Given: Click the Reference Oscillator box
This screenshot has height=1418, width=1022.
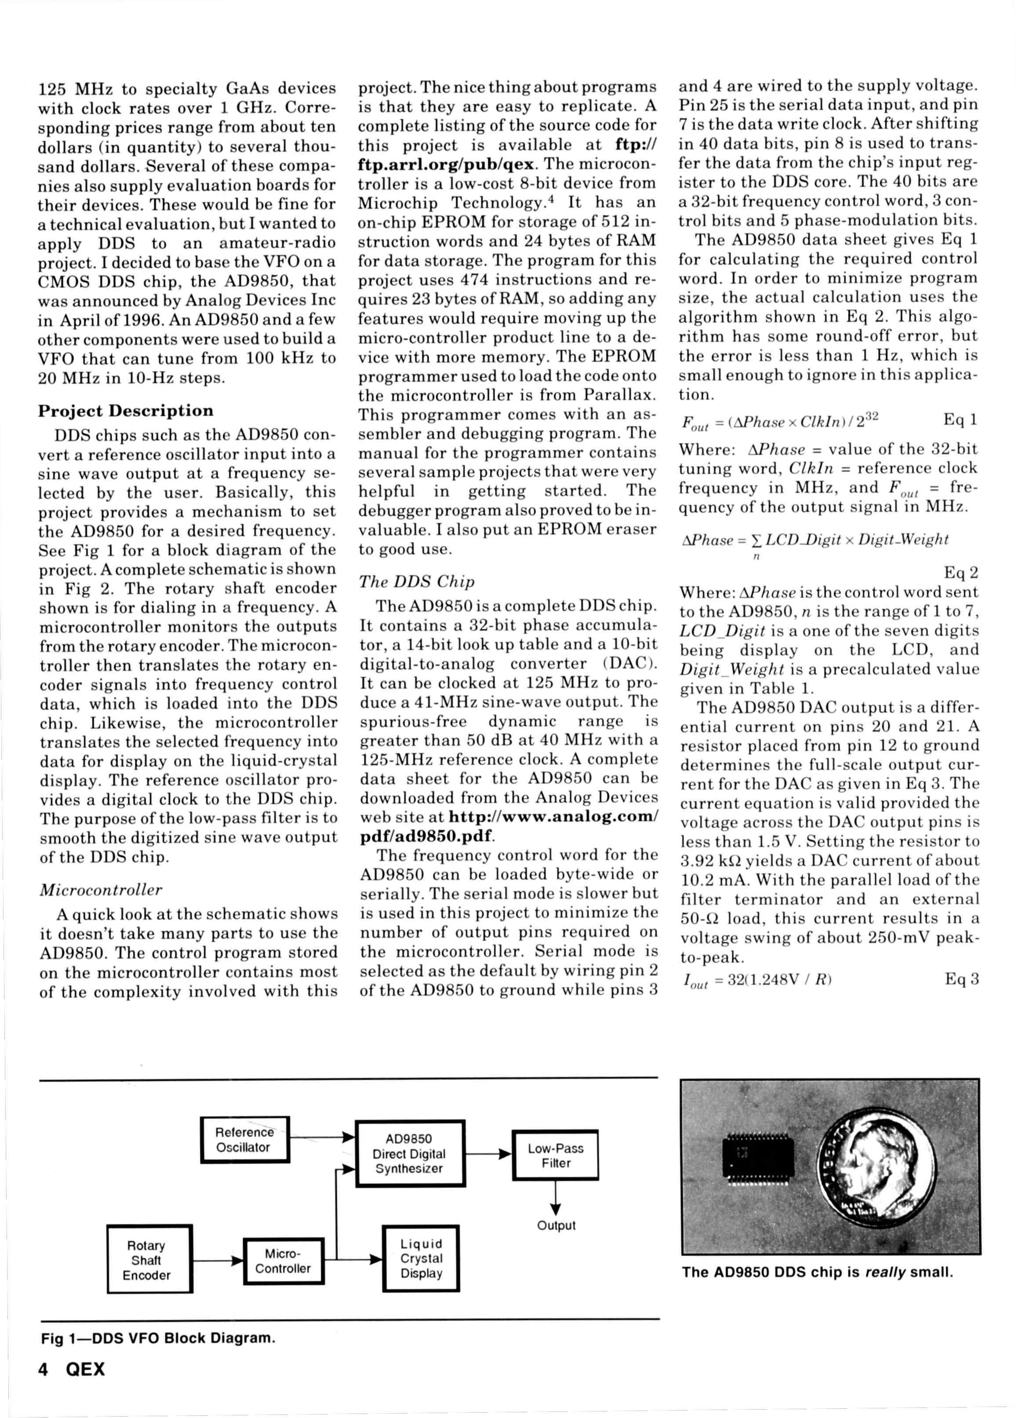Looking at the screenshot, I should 245,1140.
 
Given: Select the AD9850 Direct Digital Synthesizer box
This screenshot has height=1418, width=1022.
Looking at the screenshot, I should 410,1154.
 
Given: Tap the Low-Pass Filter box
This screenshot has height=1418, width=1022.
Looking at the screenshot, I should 555,1156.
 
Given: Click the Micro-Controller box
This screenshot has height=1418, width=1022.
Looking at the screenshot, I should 283,1261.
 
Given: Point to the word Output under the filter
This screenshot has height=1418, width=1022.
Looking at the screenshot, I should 556,1225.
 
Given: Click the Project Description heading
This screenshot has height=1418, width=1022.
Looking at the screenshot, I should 126,411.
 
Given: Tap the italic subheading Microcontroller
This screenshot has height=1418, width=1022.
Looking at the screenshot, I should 101,889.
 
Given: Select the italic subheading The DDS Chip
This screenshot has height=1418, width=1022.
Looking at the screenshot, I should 416,581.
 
